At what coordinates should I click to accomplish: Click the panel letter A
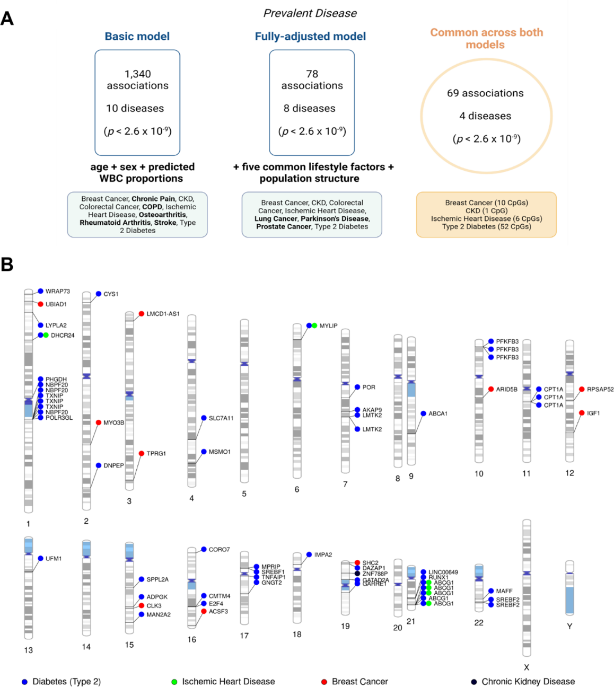click(7, 19)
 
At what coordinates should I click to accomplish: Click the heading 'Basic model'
click(137, 37)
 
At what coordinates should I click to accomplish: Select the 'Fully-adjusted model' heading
click(310, 37)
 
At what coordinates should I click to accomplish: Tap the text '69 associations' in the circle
click(485, 93)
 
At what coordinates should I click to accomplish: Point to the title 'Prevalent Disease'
click(310, 13)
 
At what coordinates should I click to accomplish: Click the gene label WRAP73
click(57, 291)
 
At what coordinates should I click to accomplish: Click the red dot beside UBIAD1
click(41, 304)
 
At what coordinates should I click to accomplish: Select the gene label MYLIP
click(328, 326)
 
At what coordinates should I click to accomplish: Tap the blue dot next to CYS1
click(99, 294)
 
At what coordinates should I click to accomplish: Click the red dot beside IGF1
click(582, 413)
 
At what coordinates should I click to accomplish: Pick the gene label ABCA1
click(438, 413)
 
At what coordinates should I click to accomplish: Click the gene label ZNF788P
click(375, 574)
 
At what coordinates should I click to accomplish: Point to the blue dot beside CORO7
click(204, 550)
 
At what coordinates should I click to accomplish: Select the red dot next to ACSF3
click(204, 611)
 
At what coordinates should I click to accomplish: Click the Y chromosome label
click(569, 626)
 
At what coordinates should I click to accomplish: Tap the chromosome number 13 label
click(29, 650)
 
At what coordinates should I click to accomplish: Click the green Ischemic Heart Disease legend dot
click(174, 682)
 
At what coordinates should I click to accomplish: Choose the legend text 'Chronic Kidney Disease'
click(528, 682)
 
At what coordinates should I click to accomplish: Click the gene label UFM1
click(54, 559)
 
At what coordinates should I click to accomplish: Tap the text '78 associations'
click(312, 80)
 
